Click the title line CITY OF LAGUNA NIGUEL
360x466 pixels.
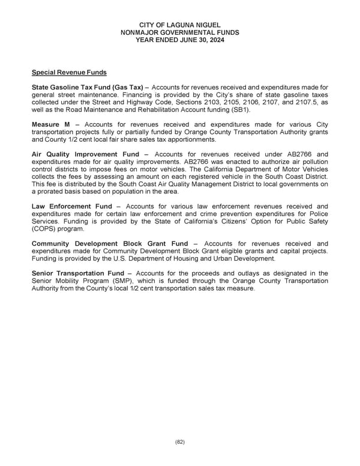(x=179, y=23)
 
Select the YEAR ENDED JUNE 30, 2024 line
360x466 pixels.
(x=179, y=40)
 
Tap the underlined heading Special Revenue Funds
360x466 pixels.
(x=69, y=73)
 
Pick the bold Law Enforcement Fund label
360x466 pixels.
(x=72, y=206)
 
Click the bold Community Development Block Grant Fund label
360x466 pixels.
(x=110, y=243)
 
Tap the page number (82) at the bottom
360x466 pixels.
(x=180, y=442)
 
